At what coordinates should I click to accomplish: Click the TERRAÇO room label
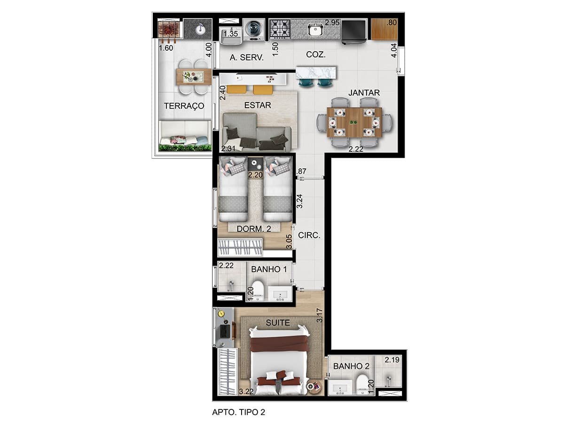coord(184,106)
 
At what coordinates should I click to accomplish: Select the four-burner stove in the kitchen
coord(279,29)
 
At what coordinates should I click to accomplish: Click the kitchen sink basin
coord(315,30)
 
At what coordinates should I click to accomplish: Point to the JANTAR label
coord(364,93)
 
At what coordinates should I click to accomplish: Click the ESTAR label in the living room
coord(258,105)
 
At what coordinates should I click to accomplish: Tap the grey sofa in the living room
coord(257,132)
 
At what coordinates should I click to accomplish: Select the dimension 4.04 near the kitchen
coord(394,51)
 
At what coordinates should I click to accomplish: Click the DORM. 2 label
coord(254,228)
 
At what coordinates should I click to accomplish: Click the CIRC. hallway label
coord(309,235)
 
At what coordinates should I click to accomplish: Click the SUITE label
coord(278,322)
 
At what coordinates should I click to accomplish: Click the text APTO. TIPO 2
coord(238,412)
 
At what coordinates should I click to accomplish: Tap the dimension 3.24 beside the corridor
coord(299,201)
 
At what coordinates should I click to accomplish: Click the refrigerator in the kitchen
coord(353,31)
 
